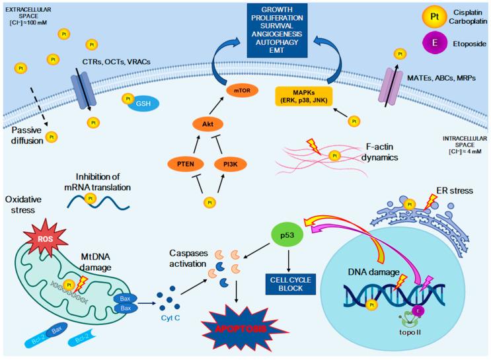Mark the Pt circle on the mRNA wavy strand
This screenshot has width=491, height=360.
[x=91, y=198]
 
